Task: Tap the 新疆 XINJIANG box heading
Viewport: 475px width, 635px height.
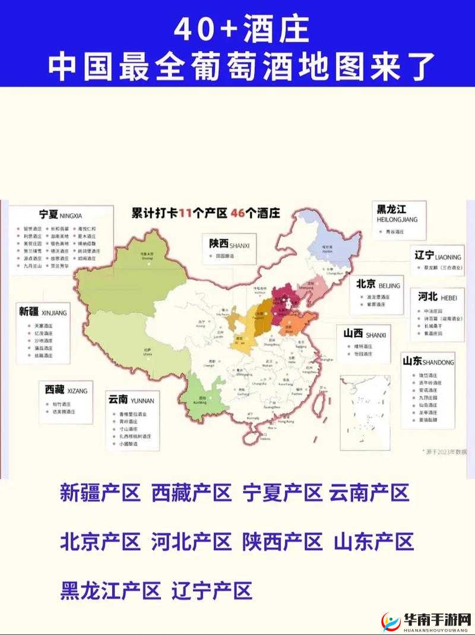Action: tap(43, 312)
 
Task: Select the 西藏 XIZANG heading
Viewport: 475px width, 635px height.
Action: tap(65, 390)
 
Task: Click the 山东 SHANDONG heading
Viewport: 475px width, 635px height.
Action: tap(428, 361)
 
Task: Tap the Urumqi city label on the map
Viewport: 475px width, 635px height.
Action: tap(147, 255)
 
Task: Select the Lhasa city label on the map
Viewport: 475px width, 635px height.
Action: tap(147, 352)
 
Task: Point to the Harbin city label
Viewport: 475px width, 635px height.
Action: tap(327, 249)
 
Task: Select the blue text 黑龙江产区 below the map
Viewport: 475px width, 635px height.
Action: tap(110, 590)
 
